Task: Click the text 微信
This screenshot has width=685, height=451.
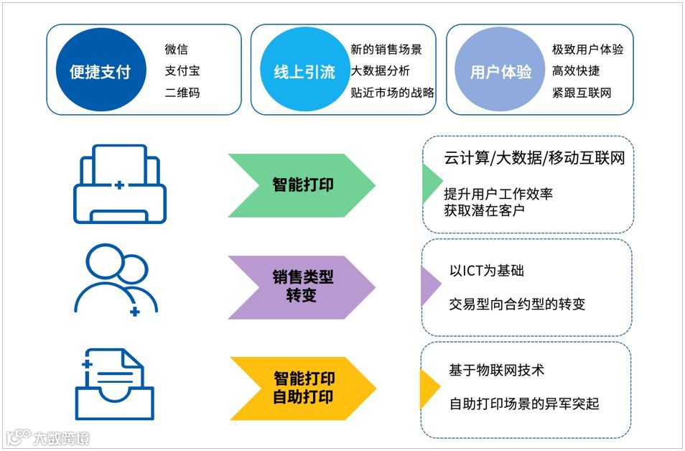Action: coord(176,50)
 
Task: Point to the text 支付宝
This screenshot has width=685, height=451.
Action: coord(182,72)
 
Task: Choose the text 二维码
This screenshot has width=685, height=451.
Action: coord(182,93)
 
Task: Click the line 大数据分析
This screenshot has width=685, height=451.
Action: coord(381,71)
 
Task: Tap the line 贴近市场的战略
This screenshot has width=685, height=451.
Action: coord(392,93)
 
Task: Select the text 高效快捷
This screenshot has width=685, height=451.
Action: coord(576,71)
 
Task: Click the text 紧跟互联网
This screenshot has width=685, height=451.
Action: coord(582,93)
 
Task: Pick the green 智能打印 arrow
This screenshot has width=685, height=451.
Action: coord(302,185)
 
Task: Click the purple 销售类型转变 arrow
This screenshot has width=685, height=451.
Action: coord(302,286)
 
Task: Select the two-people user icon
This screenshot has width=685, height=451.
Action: coord(116,280)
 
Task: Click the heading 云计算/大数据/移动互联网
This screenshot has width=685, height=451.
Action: coord(534,158)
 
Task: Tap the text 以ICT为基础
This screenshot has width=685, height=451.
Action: coord(486,271)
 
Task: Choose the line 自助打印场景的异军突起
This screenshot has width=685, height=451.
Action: coord(524,404)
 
